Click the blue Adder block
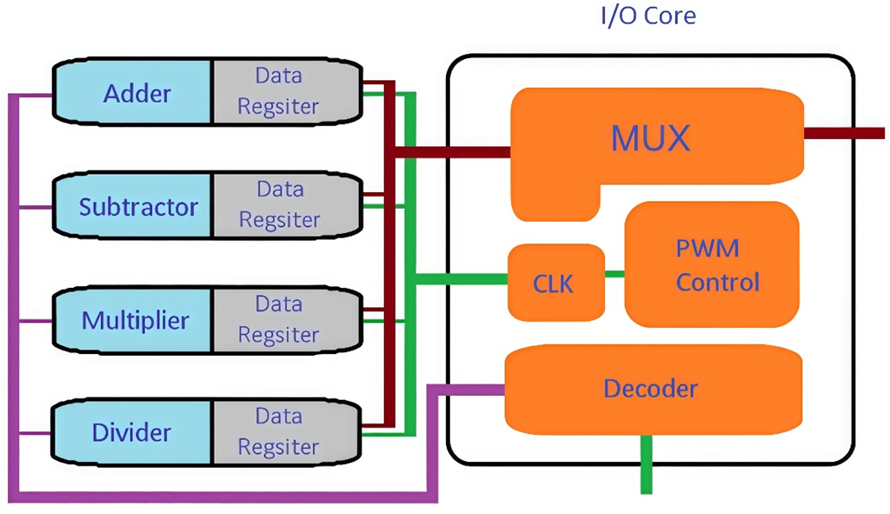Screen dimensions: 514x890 pos(135,92)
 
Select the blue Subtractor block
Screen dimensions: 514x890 pos(135,206)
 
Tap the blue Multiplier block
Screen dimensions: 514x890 pos(135,320)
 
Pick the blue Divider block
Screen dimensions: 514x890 pos(135,432)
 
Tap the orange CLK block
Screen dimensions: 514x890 pos(555,282)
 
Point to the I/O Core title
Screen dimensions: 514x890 pos(648,16)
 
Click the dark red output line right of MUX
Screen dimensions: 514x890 pos(843,133)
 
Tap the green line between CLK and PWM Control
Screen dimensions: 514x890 pos(614,274)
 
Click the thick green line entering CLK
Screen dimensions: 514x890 pos(461,279)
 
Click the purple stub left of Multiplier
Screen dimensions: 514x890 pos(35,320)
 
